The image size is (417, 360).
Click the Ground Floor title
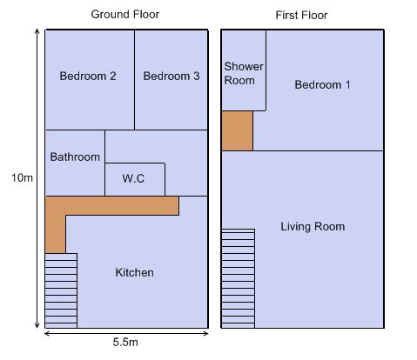coord(125,15)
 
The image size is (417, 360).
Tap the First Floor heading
coord(301,16)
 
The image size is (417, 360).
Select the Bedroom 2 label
coord(88,77)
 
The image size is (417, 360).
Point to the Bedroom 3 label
coord(172,77)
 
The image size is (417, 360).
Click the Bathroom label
coord(75,157)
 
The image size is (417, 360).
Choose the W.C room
coord(135,179)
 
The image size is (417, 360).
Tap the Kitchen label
coord(135,272)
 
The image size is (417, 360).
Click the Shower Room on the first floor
coord(244,70)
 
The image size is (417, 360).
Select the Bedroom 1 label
coord(322,85)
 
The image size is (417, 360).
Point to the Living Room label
coord(313,227)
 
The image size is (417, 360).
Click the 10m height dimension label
coord(22,177)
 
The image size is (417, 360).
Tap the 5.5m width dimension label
coord(125,343)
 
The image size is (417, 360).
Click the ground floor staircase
coord(61,290)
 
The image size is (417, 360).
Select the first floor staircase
coord(239,278)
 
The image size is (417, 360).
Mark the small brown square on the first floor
coord(237,130)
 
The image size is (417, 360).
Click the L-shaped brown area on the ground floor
coord(112,206)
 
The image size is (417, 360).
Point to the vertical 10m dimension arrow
coord(37,178)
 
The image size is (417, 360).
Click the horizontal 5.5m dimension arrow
coord(126,334)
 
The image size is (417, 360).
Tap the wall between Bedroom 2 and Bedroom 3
coord(135,80)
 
